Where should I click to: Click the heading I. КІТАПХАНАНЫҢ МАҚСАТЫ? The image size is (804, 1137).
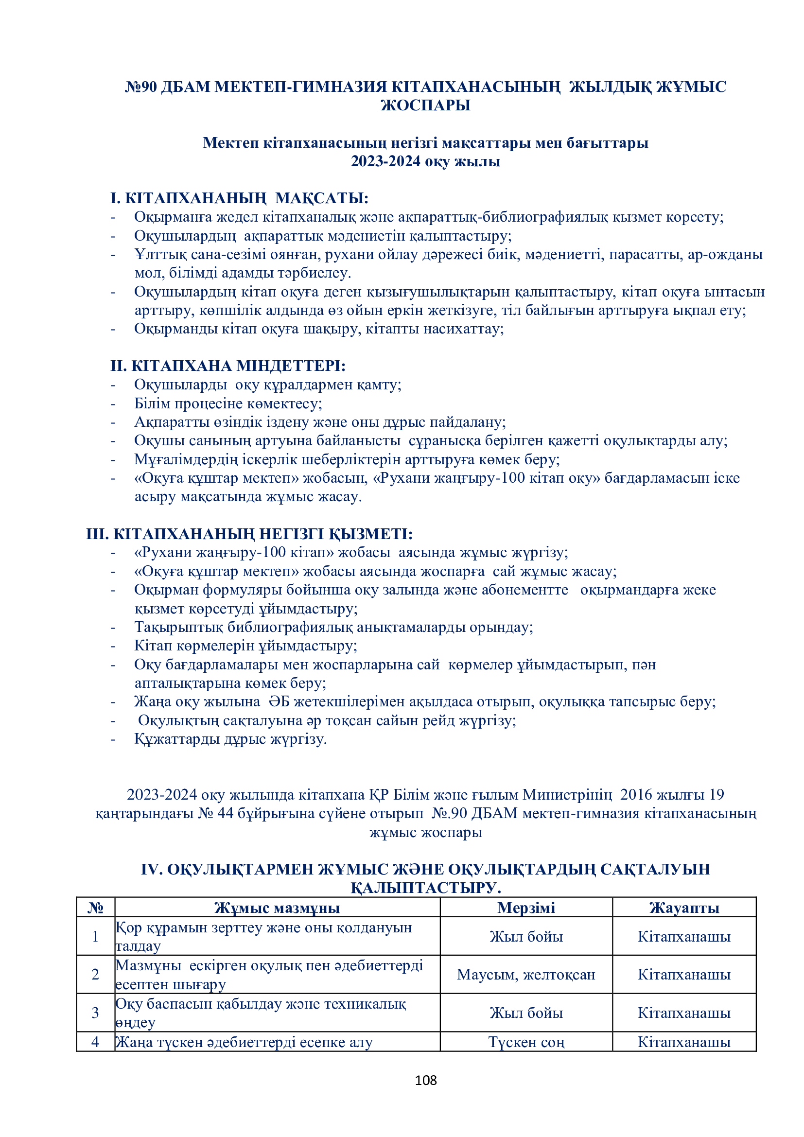click(x=239, y=199)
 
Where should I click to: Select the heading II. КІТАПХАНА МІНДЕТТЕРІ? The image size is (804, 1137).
click(x=227, y=366)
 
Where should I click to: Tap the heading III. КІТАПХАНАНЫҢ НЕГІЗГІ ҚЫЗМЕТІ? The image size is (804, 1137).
click(x=249, y=534)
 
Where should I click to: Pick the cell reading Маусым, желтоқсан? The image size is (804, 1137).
click(x=526, y=975)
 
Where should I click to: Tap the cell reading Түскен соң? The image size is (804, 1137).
click(x=526, y=1042)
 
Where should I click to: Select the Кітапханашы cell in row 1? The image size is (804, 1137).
click(x=684, y=936)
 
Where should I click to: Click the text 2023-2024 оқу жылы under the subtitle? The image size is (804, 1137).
click(x=425, y=161)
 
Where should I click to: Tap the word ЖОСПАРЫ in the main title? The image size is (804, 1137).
click(x=425, y=105)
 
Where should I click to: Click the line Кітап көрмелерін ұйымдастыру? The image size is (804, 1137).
click(x=245, y=646)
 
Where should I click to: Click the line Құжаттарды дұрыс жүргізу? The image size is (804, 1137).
click(x=230, y=739)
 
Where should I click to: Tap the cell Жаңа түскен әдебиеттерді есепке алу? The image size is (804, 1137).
click(x=244, y=1042)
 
